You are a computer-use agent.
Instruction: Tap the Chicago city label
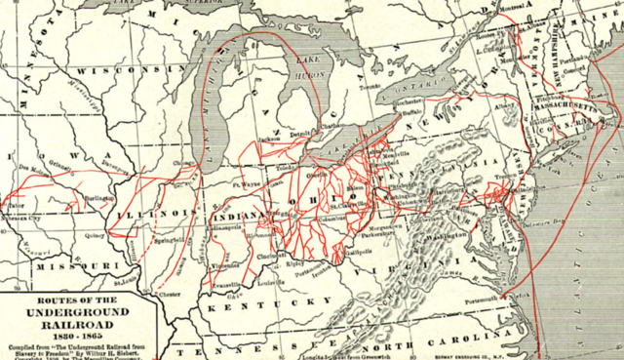[x=182, y=162]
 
